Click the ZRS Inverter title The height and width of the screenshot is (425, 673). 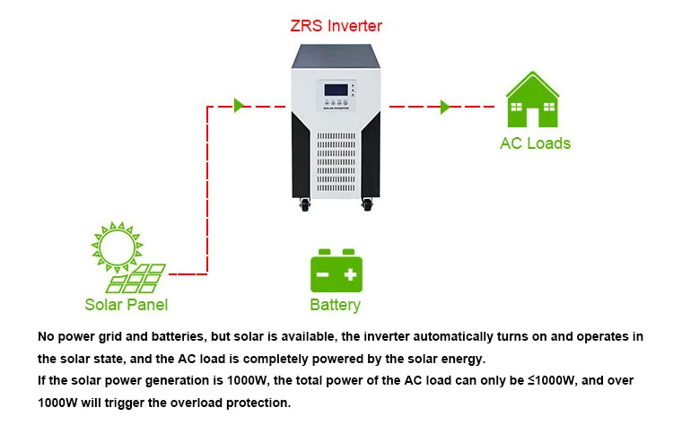click(336, 26)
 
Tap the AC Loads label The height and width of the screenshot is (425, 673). click(535, 143)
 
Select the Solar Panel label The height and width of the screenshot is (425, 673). click(127, 305)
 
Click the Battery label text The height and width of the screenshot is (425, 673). click(336, 305)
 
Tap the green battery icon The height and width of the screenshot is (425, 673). click(336, 271)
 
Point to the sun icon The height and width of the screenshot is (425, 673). click(117, 247)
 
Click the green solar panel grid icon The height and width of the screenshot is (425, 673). click(135, 278)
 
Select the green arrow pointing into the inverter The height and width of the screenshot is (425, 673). click(239, 105)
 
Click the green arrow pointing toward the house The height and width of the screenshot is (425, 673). click(445, 107)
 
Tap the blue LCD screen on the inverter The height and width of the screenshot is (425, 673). click(336, 90)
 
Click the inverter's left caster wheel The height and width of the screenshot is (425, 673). click(305, 204)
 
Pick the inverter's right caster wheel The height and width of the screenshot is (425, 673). click(367, 204)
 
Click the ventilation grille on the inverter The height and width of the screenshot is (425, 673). click(336, 161)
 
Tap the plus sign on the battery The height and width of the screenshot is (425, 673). click(350, 274)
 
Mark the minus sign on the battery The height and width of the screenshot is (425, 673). click(322, 274)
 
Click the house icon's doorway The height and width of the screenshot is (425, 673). click(532, 117)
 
